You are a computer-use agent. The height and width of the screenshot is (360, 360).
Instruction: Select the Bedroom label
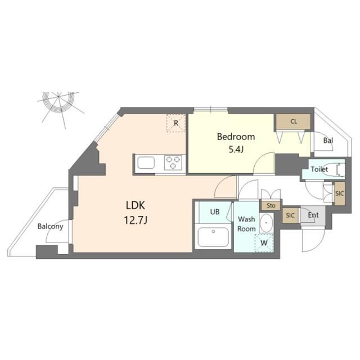click(236, 137)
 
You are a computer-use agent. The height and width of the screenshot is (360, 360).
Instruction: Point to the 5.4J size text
click(236, 149)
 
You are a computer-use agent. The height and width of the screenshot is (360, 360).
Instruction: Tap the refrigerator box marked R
click(176, 123)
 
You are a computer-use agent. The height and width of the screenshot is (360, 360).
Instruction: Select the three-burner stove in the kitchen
click(174, 163)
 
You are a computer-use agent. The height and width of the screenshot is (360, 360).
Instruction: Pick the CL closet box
click(294, 121)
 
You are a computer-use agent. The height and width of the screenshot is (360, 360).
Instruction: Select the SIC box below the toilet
click(339, 193)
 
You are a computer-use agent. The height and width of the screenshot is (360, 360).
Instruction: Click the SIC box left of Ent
click(290, 215)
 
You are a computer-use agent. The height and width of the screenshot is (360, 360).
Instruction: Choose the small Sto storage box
click(270, 205)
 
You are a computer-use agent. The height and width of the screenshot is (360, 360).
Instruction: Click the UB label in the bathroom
click(215, 212)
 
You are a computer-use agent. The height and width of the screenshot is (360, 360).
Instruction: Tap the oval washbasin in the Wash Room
click(266, 224)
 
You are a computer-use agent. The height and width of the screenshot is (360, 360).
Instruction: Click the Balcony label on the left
click(50, 227)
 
